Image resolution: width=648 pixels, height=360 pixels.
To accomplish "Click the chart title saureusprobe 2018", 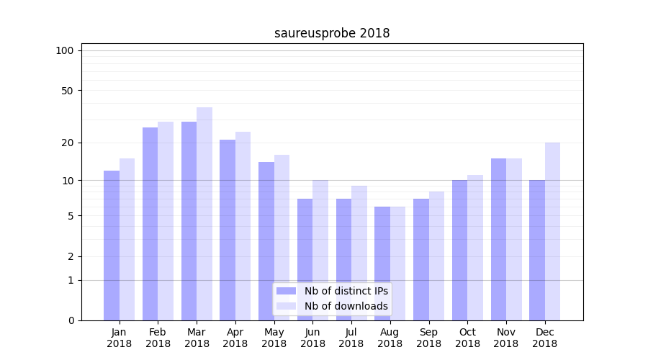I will point(332,33).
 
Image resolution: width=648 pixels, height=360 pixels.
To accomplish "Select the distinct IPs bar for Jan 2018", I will point(112,245).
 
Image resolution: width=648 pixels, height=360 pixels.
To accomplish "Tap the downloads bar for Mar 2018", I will point(204,214).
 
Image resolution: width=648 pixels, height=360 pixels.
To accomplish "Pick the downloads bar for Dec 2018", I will point(552,231).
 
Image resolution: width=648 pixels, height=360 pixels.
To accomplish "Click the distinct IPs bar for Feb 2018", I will point(150,224).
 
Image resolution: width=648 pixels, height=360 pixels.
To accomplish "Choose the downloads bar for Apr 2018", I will point(243,226).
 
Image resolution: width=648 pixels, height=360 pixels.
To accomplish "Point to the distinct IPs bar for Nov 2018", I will point(498,239).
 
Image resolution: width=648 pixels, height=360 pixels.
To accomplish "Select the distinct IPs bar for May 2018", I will point(266,241).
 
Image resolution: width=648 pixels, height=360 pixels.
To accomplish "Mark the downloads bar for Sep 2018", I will point(436,256).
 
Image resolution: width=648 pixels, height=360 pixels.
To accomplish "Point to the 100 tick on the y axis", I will point(65,50).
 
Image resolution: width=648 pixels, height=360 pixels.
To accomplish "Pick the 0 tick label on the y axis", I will point(71,320).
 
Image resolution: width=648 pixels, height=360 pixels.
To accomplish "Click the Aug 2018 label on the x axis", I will point(390,338).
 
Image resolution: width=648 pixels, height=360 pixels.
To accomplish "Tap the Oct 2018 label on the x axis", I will point(467,338).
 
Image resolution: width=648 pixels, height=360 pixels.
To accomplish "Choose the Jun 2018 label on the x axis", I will point(312,338).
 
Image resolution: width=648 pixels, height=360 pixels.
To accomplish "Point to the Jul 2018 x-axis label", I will point(351,338).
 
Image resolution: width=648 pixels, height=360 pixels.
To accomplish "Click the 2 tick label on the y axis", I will point(71,256).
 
